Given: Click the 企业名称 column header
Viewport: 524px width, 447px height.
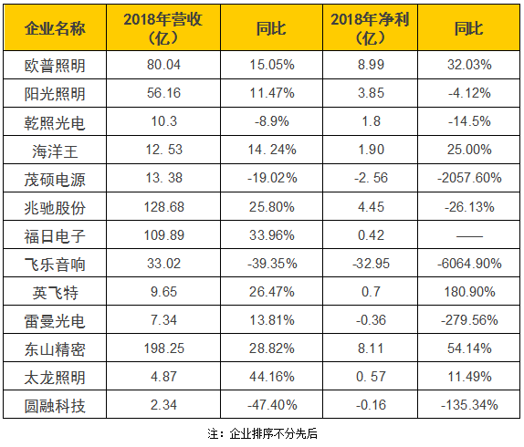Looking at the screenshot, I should click(54, 29).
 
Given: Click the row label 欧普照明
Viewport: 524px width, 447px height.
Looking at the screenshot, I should click(54, 65).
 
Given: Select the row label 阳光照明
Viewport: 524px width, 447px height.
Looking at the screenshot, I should click(54, 93).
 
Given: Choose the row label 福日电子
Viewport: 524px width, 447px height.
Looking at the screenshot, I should click(54, 235).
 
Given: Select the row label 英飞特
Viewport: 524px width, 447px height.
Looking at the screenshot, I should click(54, 292).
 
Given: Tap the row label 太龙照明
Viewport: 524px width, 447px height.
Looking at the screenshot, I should click(54, 377).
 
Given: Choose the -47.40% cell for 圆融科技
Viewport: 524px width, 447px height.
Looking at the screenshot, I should click(270, 405).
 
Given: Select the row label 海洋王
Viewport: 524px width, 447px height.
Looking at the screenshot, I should click(54, 150).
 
